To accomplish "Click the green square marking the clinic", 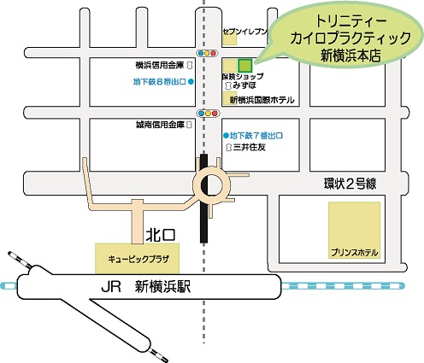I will pyautogui.click(x=245, y=65).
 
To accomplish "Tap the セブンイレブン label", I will pyautogui.click(x=245, y=32).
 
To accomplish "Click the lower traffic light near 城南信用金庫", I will pyautogui.click(x=206, y=113).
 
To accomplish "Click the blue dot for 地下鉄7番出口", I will pyautogui.click(x=225, y=136).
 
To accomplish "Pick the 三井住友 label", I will pyautogui.click(x=251, y=148).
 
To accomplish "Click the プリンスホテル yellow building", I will pyautogui.click(x=354, y=234).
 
